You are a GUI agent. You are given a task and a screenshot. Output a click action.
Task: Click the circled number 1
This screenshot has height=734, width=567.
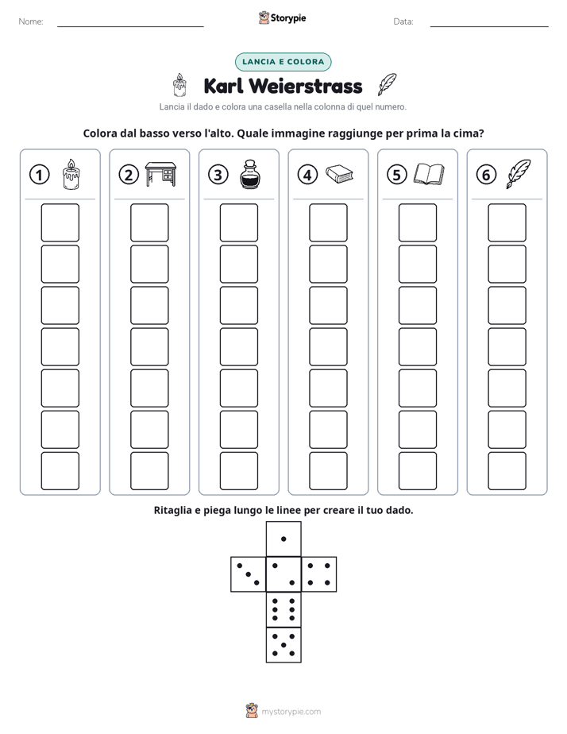click(39, 175)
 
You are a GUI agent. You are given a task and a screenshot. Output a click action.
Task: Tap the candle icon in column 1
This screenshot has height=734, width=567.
click(71, 174)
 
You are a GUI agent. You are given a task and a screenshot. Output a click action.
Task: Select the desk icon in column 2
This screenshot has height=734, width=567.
click(160, 174)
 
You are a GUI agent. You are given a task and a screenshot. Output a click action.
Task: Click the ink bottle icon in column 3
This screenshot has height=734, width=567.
click(250, 174)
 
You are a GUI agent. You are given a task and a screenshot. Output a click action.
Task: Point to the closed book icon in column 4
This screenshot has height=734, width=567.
click(339, 174)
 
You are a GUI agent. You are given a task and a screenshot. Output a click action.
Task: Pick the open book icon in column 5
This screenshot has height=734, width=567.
click(429, 174)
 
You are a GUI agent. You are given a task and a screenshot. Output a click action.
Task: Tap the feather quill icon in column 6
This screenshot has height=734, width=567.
click(518, 174)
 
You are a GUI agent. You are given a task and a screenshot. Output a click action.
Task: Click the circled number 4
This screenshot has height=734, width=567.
click(307, 175)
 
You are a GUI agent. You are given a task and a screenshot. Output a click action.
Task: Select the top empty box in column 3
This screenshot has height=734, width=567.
click(238, 222)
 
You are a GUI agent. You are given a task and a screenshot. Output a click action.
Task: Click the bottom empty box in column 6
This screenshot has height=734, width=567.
click(507, 471)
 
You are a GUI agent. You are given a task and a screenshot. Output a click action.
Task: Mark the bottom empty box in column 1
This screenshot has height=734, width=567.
click(60, 471)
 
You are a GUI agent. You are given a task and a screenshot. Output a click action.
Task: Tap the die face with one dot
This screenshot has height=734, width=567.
click(283, 539)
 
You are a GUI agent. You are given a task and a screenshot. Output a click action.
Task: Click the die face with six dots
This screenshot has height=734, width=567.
click(283, 609)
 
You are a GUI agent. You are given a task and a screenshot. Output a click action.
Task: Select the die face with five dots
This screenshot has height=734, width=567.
click(283, 645)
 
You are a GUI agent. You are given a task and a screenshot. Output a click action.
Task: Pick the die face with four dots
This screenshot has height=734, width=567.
click(319, 574)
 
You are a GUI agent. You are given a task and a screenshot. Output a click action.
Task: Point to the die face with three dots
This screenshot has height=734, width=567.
click(248, 574)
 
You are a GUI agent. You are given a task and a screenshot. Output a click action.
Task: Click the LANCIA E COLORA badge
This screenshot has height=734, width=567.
click(283, 62)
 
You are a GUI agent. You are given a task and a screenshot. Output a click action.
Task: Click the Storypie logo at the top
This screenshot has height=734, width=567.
click(282, 17)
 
